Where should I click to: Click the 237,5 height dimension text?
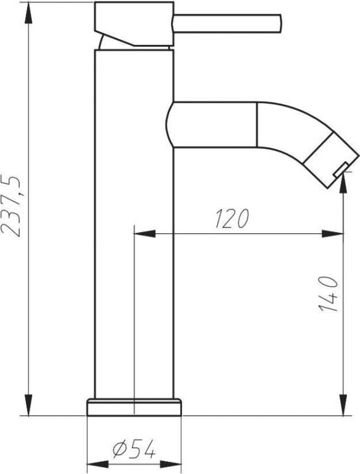coord(11,205)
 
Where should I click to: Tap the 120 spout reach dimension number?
coord(232,218)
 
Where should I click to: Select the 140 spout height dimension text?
coord(328,294)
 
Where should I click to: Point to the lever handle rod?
coord(227,23)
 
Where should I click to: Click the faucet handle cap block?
coord(134,24)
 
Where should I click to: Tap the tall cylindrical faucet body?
coord(134,224)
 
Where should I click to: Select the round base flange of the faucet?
coord(134,407)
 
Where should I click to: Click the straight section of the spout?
coord(212,125)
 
